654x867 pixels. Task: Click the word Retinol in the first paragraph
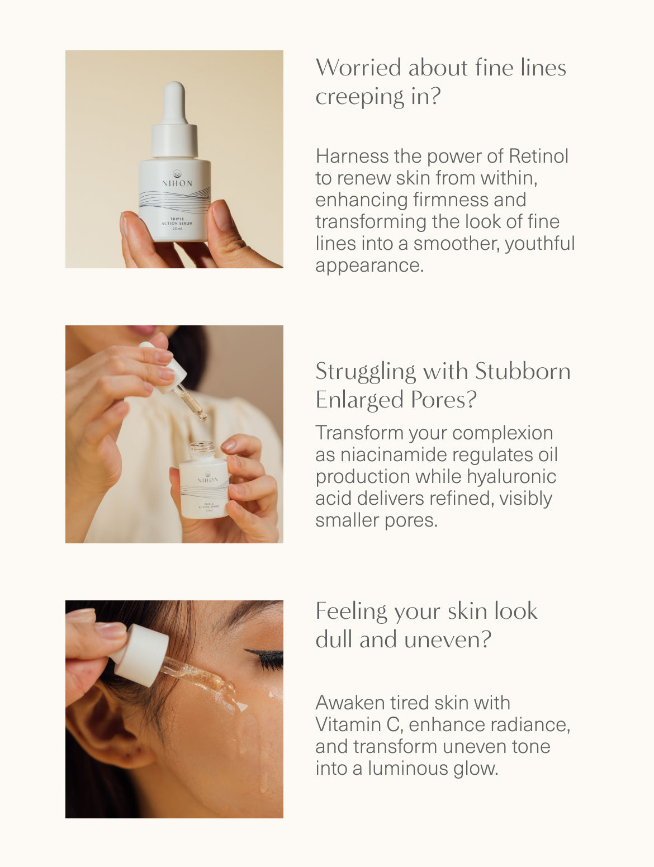(x=539, y=156)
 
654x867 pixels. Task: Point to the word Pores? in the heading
(x=443, y=400)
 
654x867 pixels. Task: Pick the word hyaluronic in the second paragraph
(x=511, y=476)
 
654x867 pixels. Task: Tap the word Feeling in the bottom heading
(x=351, y=612)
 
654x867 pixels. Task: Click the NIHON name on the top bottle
(x=177, y=183)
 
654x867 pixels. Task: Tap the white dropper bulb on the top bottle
(x=174, y=103)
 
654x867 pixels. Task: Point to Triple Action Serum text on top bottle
(x=177, y=221)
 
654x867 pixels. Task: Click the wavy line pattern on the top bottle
(x=174, y=201)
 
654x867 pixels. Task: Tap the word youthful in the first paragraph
(x=540, y=244)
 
